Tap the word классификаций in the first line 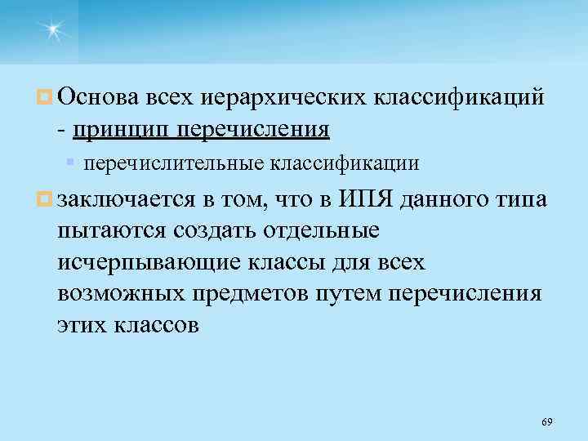click(458, 99)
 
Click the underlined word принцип click(122, 128)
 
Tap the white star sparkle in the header click(53, 30)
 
